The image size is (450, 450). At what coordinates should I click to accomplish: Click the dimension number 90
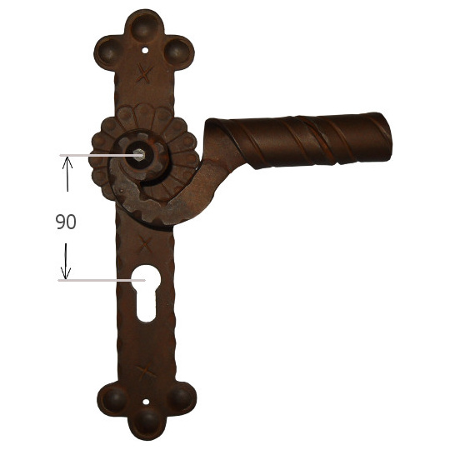point(66,222)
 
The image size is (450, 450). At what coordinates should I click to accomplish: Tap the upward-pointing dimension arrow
point(67,174)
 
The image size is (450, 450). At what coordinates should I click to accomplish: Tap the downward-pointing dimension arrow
point(66,261)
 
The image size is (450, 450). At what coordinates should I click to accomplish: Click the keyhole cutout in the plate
point(146,292)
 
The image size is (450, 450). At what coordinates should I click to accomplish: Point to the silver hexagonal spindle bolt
point(140,155)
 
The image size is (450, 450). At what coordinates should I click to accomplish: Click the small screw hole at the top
point(145,51)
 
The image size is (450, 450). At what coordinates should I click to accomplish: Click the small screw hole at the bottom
point(146,402)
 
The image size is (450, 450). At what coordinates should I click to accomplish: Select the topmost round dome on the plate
point(145,27)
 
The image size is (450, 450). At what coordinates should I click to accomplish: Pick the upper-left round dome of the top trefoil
point(109,52)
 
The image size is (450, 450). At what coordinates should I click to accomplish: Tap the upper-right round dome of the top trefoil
point(177,52)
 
